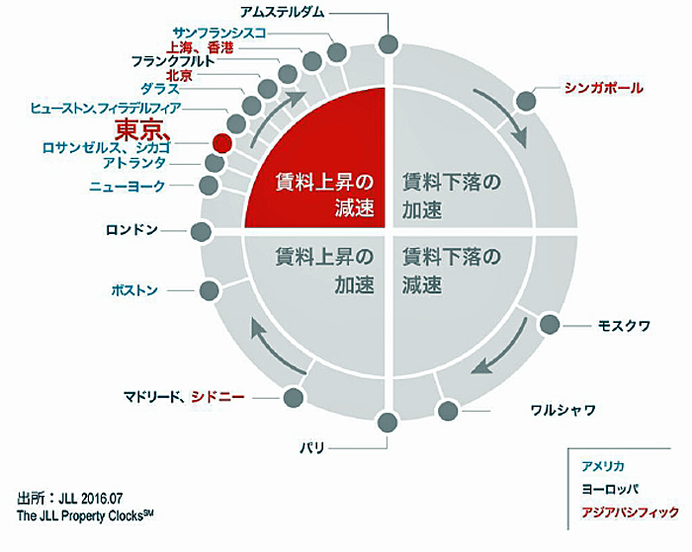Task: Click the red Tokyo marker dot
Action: point(222,142)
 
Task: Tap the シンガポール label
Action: point(604,88)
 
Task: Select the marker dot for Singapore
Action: point(526,101)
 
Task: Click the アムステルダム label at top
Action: point(282,12)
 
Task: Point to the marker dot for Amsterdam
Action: point(389,44)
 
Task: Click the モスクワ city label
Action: point(624,326)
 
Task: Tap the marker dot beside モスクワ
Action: point(550,325)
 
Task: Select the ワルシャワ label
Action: point(563,411)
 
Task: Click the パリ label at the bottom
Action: point(312,448)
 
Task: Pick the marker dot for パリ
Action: point(388,422)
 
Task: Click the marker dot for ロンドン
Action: point(201,231)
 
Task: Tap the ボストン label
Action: point(134,290)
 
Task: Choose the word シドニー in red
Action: point(217,397)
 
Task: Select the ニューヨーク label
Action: point(128,186)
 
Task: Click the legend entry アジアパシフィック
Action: point(630,513)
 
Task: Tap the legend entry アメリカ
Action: point(603,466)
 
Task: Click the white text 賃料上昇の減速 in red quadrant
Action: point(325,195)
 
